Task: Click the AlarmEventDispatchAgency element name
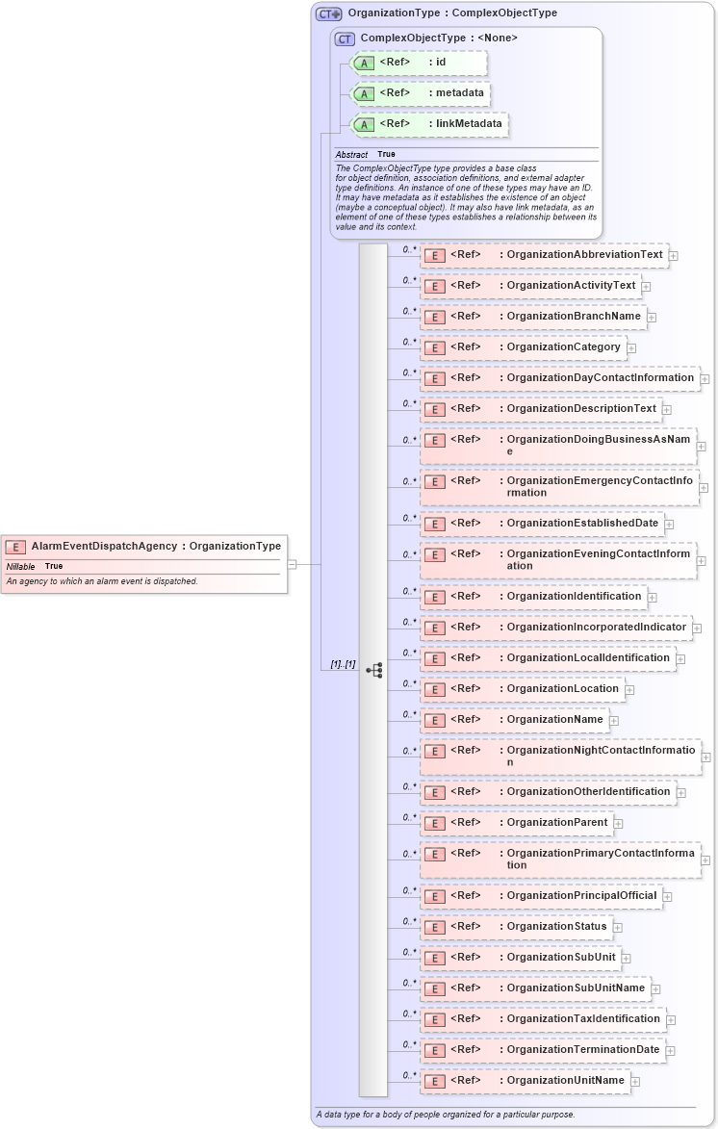[104, 546]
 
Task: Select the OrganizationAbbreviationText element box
[544, 255]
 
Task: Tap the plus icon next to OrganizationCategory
[631, 347]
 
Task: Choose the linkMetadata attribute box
[428, 124]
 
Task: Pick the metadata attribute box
[420, 93]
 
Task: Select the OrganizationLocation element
[522, 689]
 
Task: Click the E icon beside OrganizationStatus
[434, 927]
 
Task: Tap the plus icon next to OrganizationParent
[618, 824]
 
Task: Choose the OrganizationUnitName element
[525, 1081]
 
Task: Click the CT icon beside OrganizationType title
[329, 14]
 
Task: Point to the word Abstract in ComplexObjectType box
[351, 155]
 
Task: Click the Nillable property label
[20, 567]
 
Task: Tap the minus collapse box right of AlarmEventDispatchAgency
[292, 564]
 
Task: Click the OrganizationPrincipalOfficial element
[541, 896]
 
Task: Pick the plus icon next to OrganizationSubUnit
[626, 958]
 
